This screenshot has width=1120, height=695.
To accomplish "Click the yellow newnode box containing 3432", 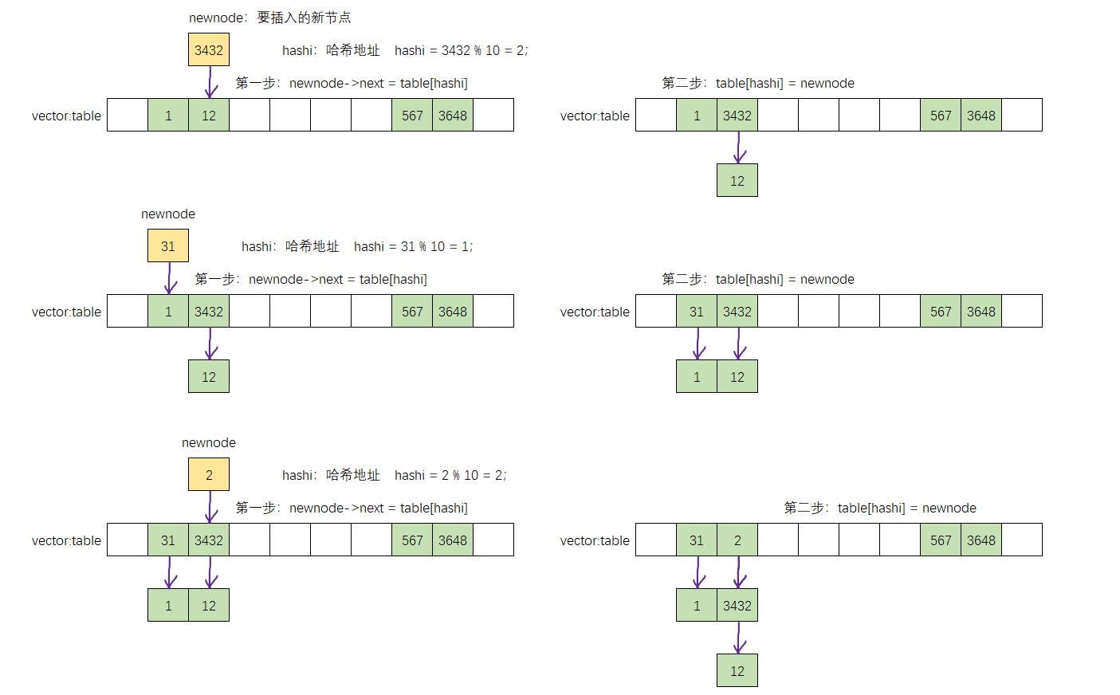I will pyautogui.click(x=209, y=50).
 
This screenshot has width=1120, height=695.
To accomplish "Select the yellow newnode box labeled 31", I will pyautogui.click(x=168, y=246).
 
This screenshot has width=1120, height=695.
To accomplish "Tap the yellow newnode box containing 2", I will pyautogui.click(x=209, y=475).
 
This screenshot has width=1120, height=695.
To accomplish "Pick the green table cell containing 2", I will pyautogui.click(x=737, y=540).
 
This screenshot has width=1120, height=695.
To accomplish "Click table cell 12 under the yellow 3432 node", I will pyautogui.click(x=209, y=116).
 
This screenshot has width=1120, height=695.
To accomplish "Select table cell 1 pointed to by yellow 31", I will pyautogui.click(x=168, y=312).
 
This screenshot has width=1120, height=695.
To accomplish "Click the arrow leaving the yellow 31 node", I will pyautogui.click(x=170, y=278).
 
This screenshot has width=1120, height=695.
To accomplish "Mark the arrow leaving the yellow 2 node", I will pyautogui.click(x=210, y=507).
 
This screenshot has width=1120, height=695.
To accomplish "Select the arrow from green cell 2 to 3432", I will pyautogui.click(x=739, y=572).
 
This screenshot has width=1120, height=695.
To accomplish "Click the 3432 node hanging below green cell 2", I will pyautogui.click(x=737, y=606).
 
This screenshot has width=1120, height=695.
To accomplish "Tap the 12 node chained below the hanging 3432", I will pyautogui.click(x=737, y=671).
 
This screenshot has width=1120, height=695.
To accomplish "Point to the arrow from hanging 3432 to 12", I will pyautogui.click(x=739, y=638).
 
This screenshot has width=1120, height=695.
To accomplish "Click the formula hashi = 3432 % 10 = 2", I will pyautogui.click(x=461, y=50).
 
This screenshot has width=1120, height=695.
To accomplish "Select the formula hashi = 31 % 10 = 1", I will pyautogui.click(x=413, y=246).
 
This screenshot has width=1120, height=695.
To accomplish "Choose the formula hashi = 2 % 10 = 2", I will pyautogui.click(x=450, y=475).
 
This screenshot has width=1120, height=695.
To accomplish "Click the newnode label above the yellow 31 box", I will pyautogui.click(x=168, y=214).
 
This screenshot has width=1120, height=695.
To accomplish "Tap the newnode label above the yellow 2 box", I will pyautogui.click(x=209, y=442).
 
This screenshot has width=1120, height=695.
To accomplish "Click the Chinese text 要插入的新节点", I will pyautogui.click(x=304, y=18).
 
